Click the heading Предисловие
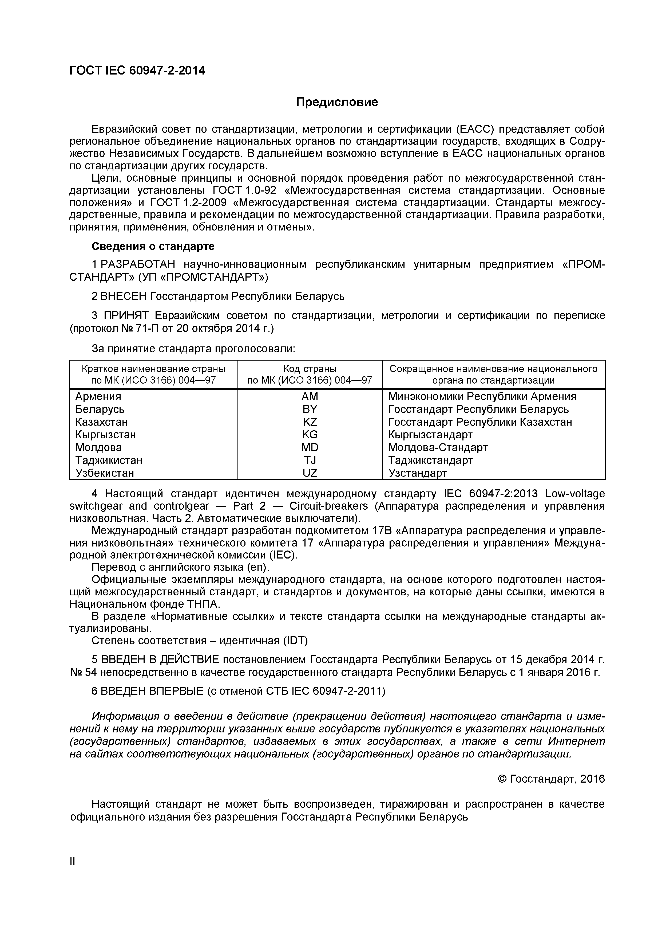(337, 102)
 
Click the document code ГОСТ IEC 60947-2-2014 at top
(137, 71)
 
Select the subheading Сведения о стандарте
(153, 247)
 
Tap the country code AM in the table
(310, 396)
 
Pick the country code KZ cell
(310, 421)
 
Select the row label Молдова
(99, 447)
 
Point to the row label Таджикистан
(109, 460)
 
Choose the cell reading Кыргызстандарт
(430, 435)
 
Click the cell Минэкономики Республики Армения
(482, 396)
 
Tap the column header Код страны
(310, 369)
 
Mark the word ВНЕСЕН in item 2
(124, 296)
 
